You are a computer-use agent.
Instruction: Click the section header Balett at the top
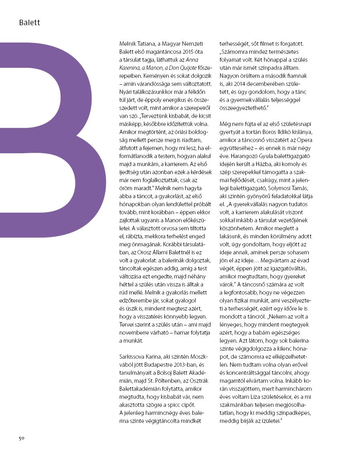tap(29, 23)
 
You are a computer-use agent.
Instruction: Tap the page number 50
tap(22, 438)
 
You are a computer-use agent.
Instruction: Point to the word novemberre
tap(135, 333)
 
